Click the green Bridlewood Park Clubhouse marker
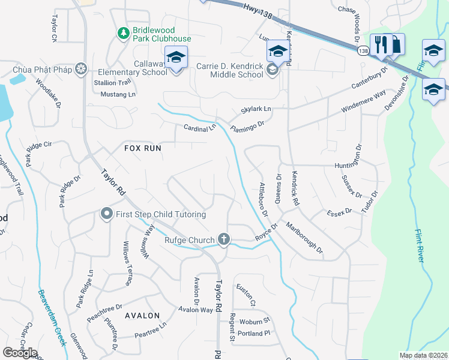tap(123, 32)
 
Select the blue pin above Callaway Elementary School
tap(176, 57)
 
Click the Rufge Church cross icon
tap(224, 239)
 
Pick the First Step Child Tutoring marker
tap(107, 214)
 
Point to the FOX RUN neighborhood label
tap(143, 148)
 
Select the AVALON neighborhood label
tap(142, 316)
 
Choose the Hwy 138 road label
tap(259, 12)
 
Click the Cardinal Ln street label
tap(199, 128)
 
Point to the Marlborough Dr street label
tap(304, 237)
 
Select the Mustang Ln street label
tap(118, 94)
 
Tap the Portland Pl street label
tap(255, 333)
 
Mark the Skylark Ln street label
tap(256, 109)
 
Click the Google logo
tap(20, 353)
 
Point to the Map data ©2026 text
tap(423, 355)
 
